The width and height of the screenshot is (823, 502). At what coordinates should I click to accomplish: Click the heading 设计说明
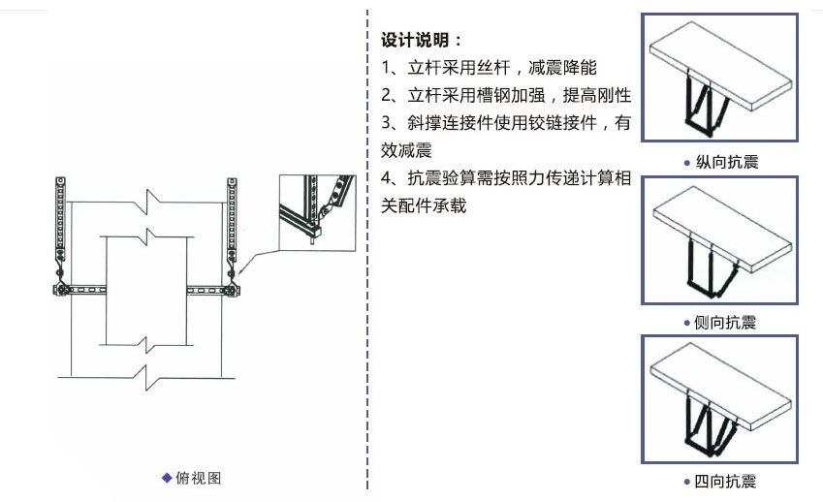[415, 40]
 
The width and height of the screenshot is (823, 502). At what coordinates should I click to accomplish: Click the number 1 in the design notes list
[386, 68]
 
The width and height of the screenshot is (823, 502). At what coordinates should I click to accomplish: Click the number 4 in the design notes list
[387, 178]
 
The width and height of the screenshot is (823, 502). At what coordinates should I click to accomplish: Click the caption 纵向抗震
[727, 162]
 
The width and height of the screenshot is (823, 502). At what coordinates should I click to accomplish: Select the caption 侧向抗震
[725, 322]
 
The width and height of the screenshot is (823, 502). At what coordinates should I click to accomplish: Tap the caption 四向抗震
[725, 481]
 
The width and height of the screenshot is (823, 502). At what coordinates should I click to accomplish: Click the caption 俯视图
[199, 478]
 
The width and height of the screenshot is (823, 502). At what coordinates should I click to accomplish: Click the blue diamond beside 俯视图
[167, 478]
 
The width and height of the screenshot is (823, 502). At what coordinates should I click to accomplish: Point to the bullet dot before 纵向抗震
[687, 163]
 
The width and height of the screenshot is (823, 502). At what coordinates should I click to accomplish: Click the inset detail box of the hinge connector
[317, 213]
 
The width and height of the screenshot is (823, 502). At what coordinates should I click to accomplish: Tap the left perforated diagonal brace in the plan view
[60, 219]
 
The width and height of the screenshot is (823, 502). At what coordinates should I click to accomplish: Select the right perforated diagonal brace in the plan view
[232, 219]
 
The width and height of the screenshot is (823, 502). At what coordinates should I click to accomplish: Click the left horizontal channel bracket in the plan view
[79, 290]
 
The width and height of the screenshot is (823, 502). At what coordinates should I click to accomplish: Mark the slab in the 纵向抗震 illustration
[720, 65]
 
